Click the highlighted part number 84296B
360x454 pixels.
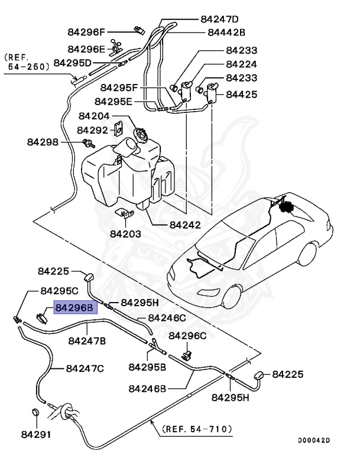[x=74, y=307]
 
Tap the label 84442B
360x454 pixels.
[x=227, y=33]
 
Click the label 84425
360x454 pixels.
[x=242, y=93]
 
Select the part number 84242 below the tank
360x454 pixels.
[x=185, y=225]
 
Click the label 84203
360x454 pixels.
[x=125, y=234]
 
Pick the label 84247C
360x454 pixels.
[x=85, y=368]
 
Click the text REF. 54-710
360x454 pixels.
[x=197, y=429]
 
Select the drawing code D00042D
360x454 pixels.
[x=314, y=440]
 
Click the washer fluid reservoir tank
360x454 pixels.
[x=130, y=171]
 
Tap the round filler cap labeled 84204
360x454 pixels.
[x=142, y=134]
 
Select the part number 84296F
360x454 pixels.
[x=86, y=33]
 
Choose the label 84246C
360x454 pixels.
[x=167, y=317]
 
